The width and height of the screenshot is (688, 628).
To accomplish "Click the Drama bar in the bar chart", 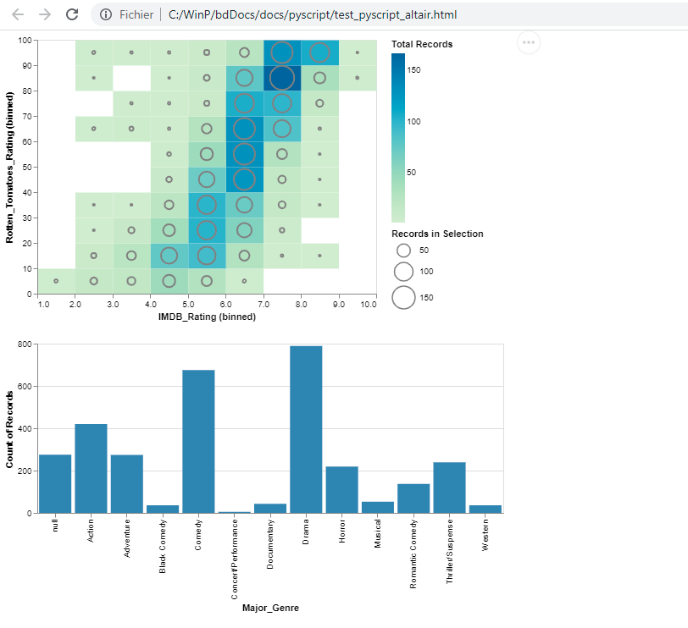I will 306,429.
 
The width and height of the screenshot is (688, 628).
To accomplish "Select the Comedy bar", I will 198,441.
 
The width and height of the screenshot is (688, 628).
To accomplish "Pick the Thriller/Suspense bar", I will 450,488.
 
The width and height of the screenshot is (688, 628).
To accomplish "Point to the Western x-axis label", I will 485,535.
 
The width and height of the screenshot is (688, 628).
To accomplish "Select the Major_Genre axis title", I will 270,608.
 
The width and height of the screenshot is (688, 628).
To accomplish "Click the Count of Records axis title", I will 10,429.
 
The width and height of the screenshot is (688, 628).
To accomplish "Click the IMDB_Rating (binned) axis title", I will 207,317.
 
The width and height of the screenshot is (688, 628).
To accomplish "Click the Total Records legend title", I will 422,44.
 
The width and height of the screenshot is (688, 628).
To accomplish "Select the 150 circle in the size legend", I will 404,297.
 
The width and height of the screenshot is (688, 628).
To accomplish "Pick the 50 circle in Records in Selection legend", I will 404,251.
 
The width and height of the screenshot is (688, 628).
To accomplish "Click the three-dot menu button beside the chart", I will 528,41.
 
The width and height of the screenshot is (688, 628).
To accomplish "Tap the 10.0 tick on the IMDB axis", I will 368,303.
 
